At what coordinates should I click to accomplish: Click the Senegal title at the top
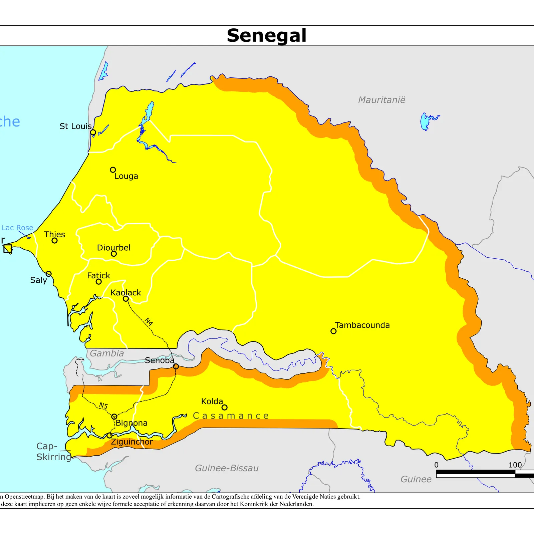tap(266, 35)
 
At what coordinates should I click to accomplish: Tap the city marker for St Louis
tap(93, 132)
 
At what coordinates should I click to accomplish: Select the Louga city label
tap(126, 176)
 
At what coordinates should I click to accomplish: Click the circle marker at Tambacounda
tap(333, 331)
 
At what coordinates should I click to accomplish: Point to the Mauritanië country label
tap(381, 100)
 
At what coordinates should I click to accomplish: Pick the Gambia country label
tap(107, 353)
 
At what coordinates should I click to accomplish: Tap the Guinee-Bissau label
tap(227, 468)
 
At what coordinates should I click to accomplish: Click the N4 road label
tap(149, 321)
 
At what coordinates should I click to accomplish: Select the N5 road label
tap(103, 406)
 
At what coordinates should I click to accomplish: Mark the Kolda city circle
tap(225, 407)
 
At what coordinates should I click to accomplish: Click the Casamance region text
tap(231, 416)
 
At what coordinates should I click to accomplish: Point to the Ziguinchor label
tap(132, 442)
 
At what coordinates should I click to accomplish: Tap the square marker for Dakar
tap(8, 249)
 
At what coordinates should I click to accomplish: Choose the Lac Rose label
tap(17, 228)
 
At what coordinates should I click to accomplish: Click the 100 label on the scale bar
tap(515, 465)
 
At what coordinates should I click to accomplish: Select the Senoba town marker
tap(176, 366)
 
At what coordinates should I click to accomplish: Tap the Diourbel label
tap(113, 248)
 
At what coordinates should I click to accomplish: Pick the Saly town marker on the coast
tap(49, 274)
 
